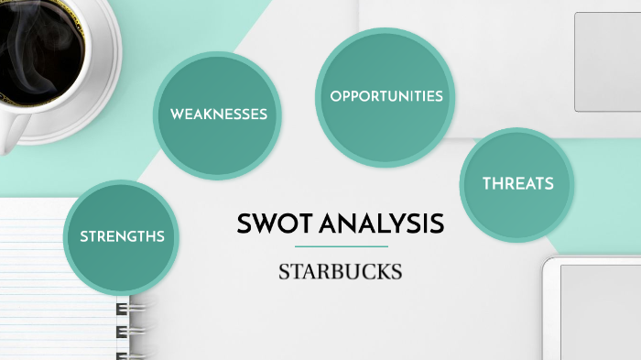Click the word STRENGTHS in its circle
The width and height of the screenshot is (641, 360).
[122, 236]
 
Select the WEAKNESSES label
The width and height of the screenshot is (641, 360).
[219, 115]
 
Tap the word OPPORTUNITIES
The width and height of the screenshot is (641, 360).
[386, 95]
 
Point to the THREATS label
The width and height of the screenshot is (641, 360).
[518, 183]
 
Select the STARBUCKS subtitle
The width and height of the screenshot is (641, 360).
[341, 272]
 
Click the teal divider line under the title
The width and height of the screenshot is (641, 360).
[341, 246]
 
